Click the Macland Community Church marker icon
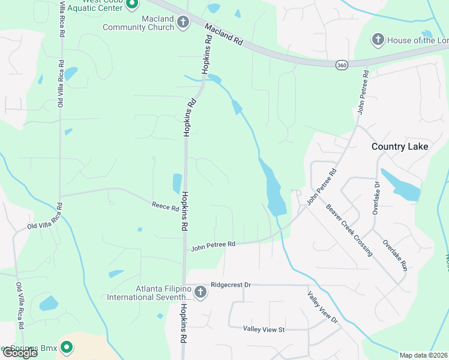[183, 23]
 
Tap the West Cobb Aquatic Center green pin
[133, 4]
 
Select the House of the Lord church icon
[378, 40]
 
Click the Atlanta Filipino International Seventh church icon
[200, 292]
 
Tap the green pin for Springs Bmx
[67, 347]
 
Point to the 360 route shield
[341, 65]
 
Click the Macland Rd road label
[223, 35]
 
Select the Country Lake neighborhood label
[400, 146]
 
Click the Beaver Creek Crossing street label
[349, 231]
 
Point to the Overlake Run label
[396, 256]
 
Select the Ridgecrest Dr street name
[231, 286]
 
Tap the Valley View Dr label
[323, 308]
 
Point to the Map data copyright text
[423, 355]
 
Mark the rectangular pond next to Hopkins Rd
[177, 183]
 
